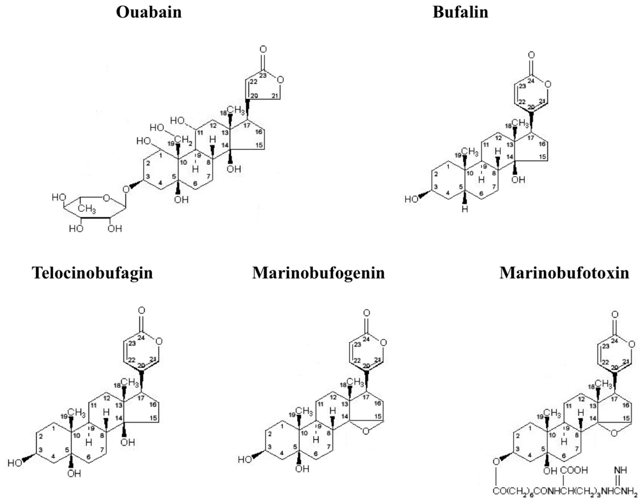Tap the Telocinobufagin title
pyautogui.click(x=92, y=273)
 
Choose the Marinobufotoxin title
pyautogui.click(x=564, y=273)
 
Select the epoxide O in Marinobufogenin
pyautogui.click(x=366, y=431)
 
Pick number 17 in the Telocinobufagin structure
pyautogui.click(x=141, y=398)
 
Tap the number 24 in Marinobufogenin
pyautogui.click(x=366, y=339)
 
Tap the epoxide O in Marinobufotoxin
pyautogui.click(x=614, y=433)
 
